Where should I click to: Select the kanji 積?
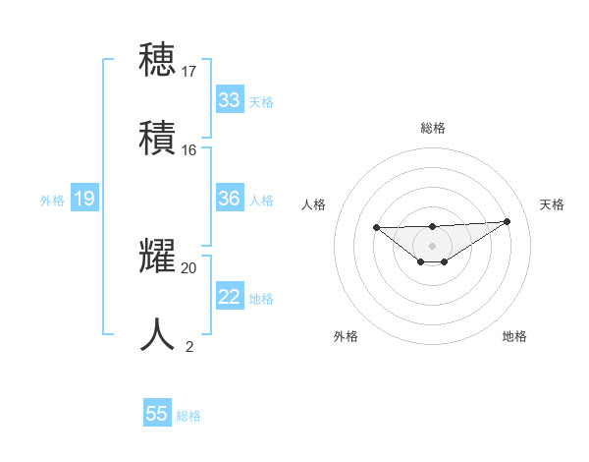[158, 137]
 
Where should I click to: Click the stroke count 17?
[189, 72]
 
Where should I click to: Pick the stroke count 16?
[189, 149]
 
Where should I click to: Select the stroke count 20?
[189, 267]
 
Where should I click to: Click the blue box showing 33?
[230, 99]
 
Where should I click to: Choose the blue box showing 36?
[230, 199]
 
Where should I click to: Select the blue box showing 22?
[230, 297]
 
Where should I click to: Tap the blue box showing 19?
[84, 199]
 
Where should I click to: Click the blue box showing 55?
[157, 414]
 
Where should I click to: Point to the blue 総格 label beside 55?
[188, 416]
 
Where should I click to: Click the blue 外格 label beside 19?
[52, 201]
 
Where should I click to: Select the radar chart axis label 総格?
[433, 128]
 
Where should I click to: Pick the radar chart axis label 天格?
[552, 204]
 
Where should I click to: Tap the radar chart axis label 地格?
[514, 336]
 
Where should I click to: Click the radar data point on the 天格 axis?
[508, 221]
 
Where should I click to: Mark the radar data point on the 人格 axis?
[376, 228]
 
